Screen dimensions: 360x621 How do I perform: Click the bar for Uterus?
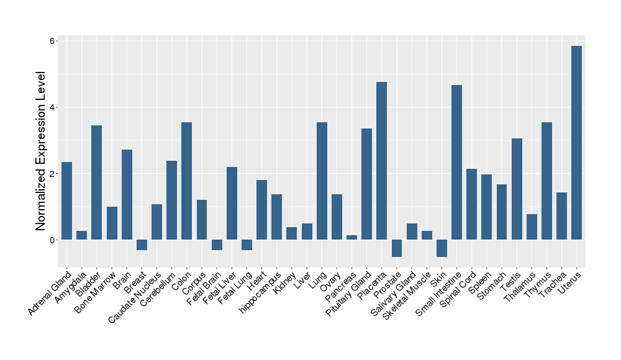(576, 143)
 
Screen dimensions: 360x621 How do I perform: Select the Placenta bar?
(381, 161)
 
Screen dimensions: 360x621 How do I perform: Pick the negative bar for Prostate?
(396, 248)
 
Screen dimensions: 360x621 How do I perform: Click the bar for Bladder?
(96, 182)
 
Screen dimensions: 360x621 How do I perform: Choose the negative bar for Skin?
(442, 248)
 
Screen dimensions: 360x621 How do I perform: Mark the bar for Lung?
(322, 181)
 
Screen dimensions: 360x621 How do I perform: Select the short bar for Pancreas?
(351, 237)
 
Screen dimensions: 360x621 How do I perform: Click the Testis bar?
(517, 189)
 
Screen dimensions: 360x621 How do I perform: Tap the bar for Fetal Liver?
(232, 203)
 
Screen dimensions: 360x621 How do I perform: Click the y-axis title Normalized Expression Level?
(42, 151)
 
